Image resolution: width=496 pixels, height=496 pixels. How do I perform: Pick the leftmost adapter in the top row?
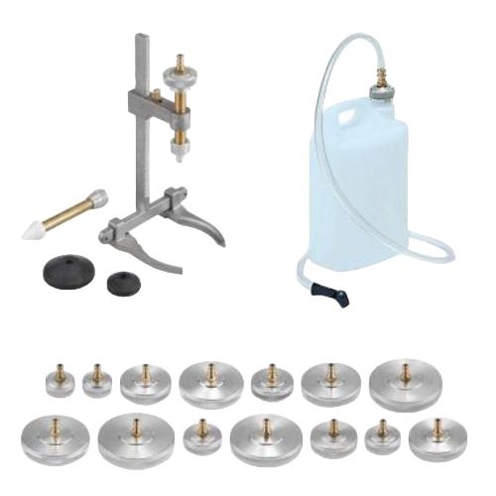tap(57, 383)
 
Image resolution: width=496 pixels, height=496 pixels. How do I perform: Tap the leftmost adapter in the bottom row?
tap(41, 434)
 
